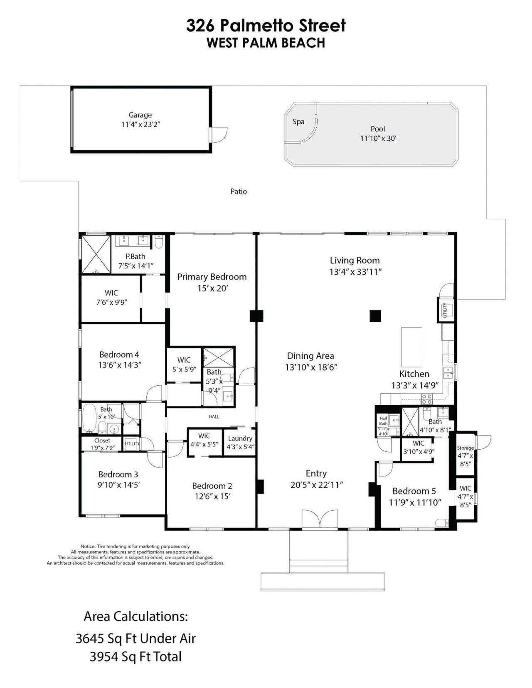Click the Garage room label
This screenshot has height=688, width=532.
140,115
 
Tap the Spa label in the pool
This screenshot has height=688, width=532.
298,122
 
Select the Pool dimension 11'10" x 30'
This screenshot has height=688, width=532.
378,139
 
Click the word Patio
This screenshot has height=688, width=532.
239,191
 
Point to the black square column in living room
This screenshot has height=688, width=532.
375,316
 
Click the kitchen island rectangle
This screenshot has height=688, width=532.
411,344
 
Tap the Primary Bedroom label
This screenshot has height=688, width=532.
212,277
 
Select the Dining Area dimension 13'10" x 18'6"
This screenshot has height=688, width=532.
310,367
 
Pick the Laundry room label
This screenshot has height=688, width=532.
240,438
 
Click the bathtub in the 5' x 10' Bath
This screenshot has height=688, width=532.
89,418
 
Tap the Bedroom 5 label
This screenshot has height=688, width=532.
414,491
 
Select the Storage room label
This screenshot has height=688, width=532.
465,448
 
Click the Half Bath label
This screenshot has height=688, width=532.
383,421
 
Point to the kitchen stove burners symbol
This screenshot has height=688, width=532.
426,399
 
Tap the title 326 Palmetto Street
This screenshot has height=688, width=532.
266,26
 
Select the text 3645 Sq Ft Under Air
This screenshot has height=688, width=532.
135,639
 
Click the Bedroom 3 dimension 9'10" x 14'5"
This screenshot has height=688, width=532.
118,485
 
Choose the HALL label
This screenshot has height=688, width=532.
214,416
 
